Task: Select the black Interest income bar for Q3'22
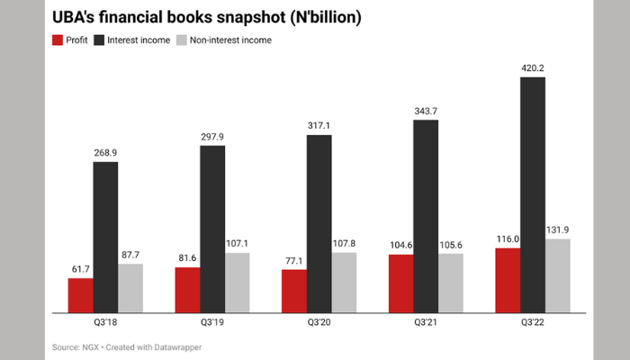[x=533, y=194]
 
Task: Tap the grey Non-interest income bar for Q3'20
[x=344, y=282]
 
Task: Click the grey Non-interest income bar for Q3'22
[x=558, y=275]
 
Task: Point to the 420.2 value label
[x=533, y=66]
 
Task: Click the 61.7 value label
[x=81, y=268]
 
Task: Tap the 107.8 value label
[x=344, y=242]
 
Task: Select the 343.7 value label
[x=427, y=109]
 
